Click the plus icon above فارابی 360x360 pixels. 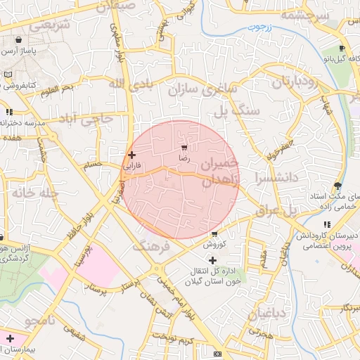[131, 154]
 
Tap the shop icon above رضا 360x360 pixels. [184, 148]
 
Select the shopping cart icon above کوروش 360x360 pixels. [214, 233]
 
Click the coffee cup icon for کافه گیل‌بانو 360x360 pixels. [342, 49]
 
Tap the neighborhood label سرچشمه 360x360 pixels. [304, 14]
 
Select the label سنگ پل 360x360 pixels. [237, 110]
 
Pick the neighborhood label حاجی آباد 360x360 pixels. [86, 117]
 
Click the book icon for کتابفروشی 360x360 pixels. [7, 75]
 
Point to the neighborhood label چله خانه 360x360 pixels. [28, 192]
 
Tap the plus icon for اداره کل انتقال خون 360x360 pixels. [213, 260]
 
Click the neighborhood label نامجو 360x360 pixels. [42, 321]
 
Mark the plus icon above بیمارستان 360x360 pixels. [10, 338]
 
